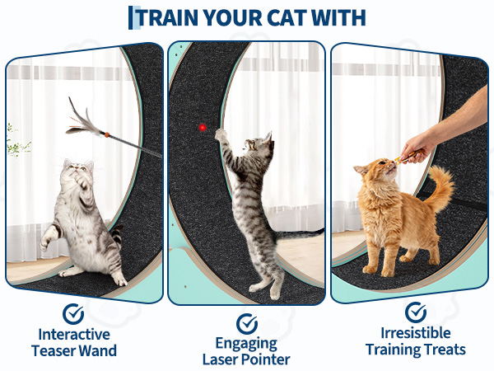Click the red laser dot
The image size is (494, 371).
click(203, 128)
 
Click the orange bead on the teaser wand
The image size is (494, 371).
click(107, 134)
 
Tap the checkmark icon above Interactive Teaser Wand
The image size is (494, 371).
click(73, 314)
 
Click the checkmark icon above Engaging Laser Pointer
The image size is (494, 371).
click(247, 324)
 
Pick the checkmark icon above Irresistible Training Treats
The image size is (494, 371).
click(416, 312)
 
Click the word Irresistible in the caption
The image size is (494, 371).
click(416, 333)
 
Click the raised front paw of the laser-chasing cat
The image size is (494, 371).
click(220, 134)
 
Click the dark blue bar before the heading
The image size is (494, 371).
click(130, 17)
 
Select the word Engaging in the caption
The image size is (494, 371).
click(246, 344)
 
